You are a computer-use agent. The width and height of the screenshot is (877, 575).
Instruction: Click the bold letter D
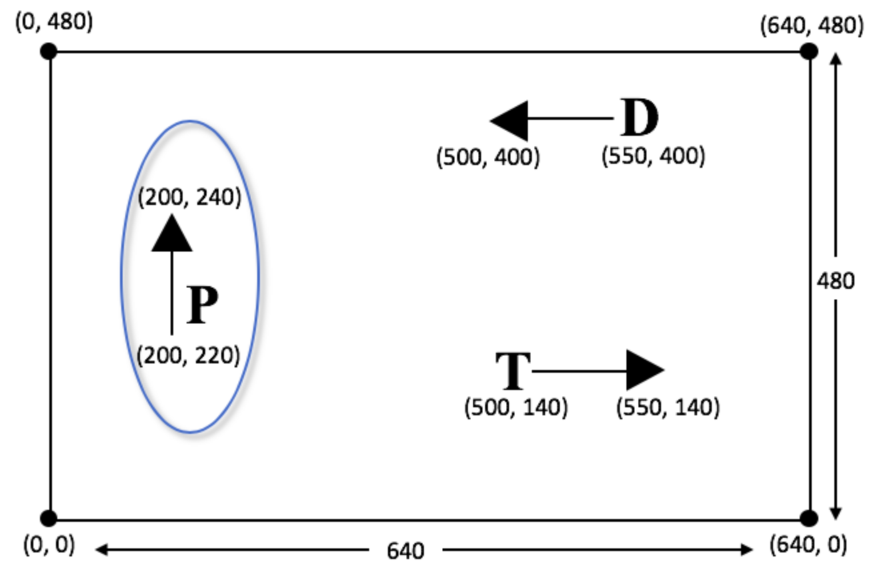coord(640,117)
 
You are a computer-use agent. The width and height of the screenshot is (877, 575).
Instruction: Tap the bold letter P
coord(202,305)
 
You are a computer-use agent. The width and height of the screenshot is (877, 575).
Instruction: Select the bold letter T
coord(513,371)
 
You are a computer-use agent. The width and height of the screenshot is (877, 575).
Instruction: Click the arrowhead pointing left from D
coord(509,120)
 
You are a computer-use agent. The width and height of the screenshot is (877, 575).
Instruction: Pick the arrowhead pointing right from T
coord(646,370)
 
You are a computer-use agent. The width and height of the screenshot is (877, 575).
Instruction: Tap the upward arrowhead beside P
coord(172,232)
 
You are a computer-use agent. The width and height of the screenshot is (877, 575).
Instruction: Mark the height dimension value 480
coord(836,281)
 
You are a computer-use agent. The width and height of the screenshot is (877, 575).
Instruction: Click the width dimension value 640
coord(406,551)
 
